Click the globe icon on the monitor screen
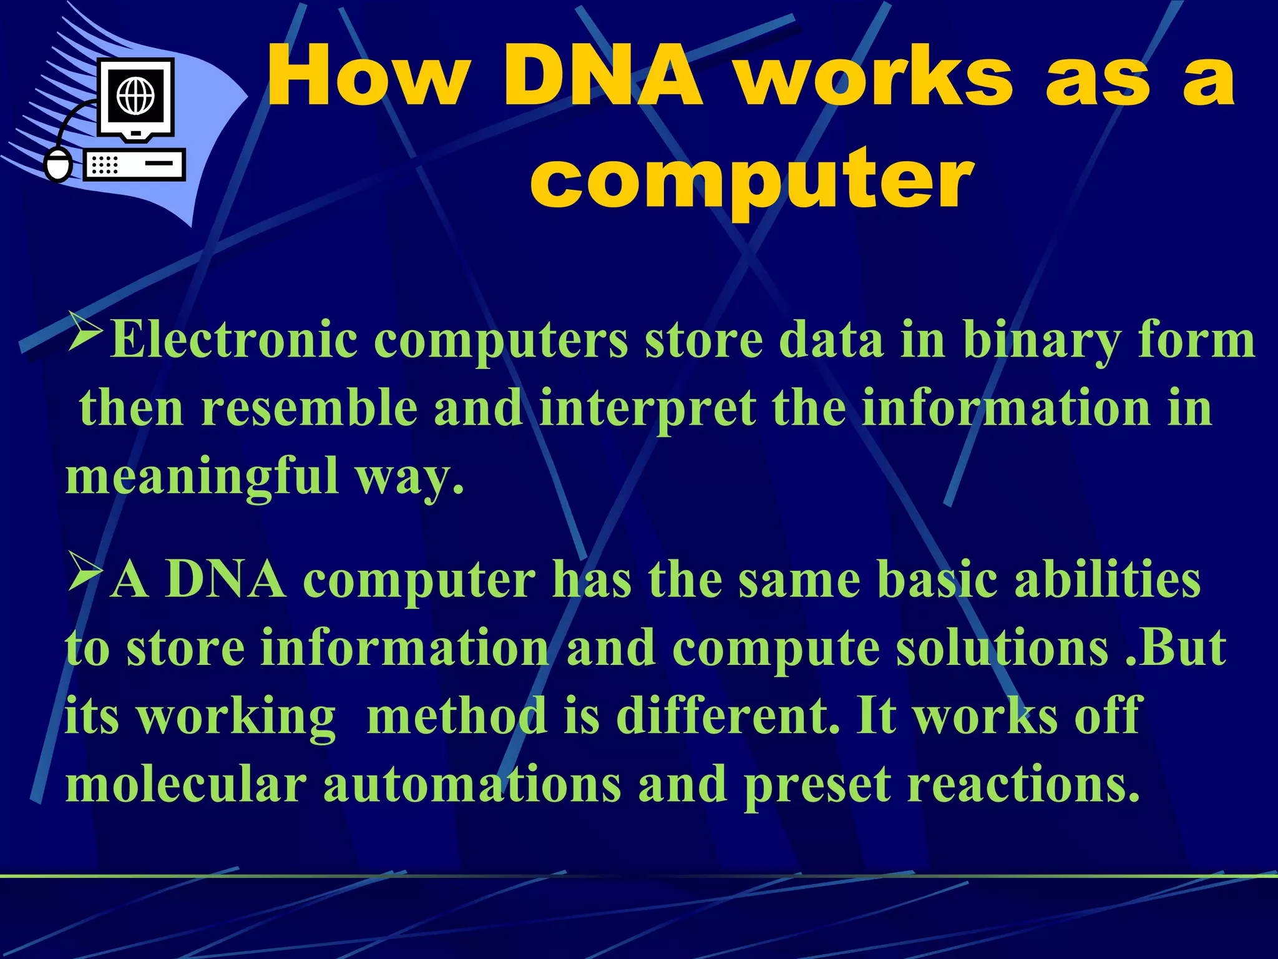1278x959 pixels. pos(135,97)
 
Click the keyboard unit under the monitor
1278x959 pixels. pos(134,165)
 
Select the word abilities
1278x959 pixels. pos(1107,580)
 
